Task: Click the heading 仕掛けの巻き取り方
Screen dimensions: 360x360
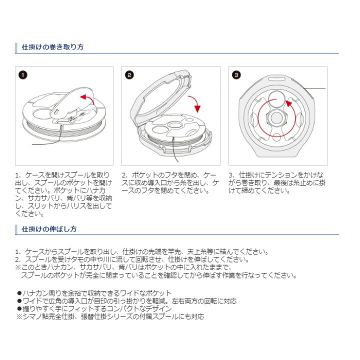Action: (x=52, y=47)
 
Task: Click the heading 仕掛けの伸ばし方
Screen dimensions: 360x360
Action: (x=49, y=229)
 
